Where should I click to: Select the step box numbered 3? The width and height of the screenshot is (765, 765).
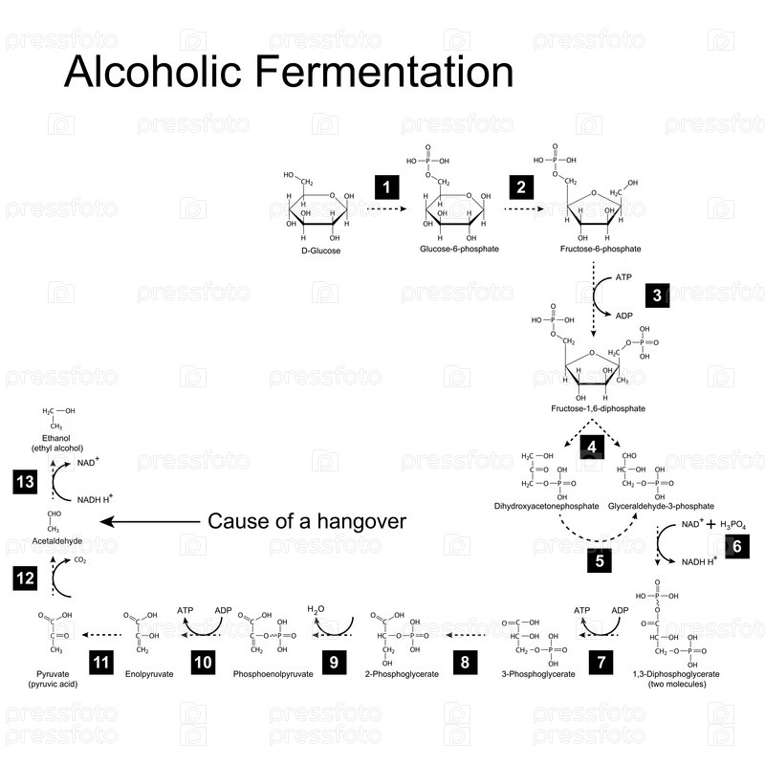[x=657, y=295]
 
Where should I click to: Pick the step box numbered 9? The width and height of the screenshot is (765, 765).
[x=333, y=662]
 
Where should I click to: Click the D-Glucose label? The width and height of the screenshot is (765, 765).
[x=316, y=251]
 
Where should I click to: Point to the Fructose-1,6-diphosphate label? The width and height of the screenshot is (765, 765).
[x=599, y=408]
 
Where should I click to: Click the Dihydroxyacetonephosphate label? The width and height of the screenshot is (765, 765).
[x=546, y=505]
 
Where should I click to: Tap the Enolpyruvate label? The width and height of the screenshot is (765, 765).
[x=150, y=674]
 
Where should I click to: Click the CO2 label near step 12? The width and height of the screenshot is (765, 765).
[x=80, y=560]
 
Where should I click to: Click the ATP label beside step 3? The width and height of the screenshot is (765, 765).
[x=623, y=277]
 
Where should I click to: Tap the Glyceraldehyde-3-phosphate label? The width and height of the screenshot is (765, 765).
[x=660, y=505]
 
